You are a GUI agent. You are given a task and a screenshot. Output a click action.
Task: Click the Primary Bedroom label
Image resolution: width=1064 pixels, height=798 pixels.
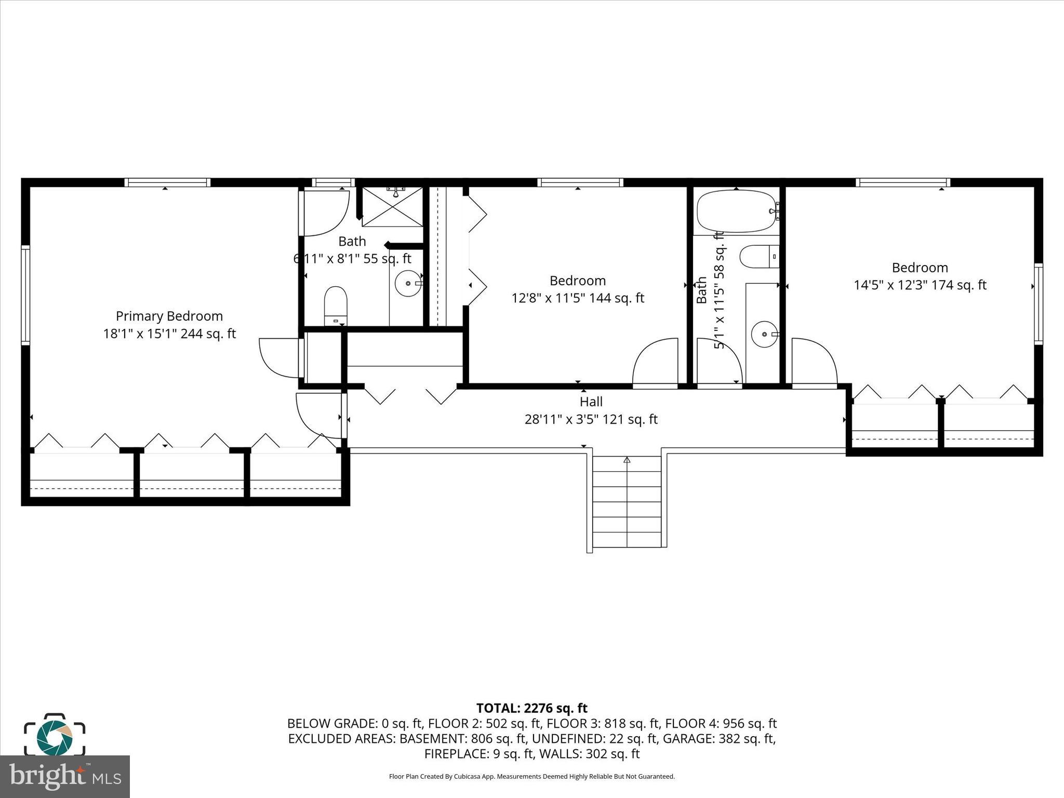tap(169, 316)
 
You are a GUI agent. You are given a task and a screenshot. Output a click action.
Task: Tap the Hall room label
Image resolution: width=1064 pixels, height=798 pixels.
tap(591, 402)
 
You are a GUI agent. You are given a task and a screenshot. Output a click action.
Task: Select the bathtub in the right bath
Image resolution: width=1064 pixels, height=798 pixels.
tap(737, 211)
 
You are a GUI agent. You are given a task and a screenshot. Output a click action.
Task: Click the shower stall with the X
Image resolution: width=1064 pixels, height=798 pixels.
tap(393, 207)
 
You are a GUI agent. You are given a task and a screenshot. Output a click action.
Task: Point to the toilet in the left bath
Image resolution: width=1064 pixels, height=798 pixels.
tap(335, 306)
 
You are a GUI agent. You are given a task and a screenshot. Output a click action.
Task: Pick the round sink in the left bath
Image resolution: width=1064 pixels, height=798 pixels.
tap(408, 284)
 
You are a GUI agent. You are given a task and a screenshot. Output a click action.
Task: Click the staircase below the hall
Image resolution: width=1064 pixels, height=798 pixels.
tap(627, 501)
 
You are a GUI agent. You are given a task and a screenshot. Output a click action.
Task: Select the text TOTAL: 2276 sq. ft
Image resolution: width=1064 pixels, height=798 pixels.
tap(531, 708)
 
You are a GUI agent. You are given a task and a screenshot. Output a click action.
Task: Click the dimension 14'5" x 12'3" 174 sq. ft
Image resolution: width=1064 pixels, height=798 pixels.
tap(920, 285)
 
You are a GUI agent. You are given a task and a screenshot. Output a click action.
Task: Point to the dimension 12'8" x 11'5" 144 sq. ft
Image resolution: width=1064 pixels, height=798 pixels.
tap(578, 298)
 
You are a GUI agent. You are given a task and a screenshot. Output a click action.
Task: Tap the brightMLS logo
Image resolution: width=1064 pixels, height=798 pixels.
tap(64, 776)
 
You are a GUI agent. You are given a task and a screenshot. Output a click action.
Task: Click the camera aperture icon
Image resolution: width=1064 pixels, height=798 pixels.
tap(54, 737)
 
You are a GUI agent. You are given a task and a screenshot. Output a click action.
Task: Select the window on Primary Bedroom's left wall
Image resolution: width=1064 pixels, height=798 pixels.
tap(25, 295)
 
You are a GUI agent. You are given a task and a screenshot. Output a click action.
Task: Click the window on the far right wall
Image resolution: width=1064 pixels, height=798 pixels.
tap(1038, 303)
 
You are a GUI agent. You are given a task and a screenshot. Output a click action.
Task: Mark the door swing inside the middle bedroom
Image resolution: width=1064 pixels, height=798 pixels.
tap(656, 362)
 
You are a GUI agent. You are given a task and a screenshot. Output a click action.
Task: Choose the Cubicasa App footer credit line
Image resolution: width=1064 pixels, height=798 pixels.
tap(531, 777)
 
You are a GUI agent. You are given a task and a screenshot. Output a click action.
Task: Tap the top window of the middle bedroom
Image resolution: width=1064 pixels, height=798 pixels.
tap(580, 182)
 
